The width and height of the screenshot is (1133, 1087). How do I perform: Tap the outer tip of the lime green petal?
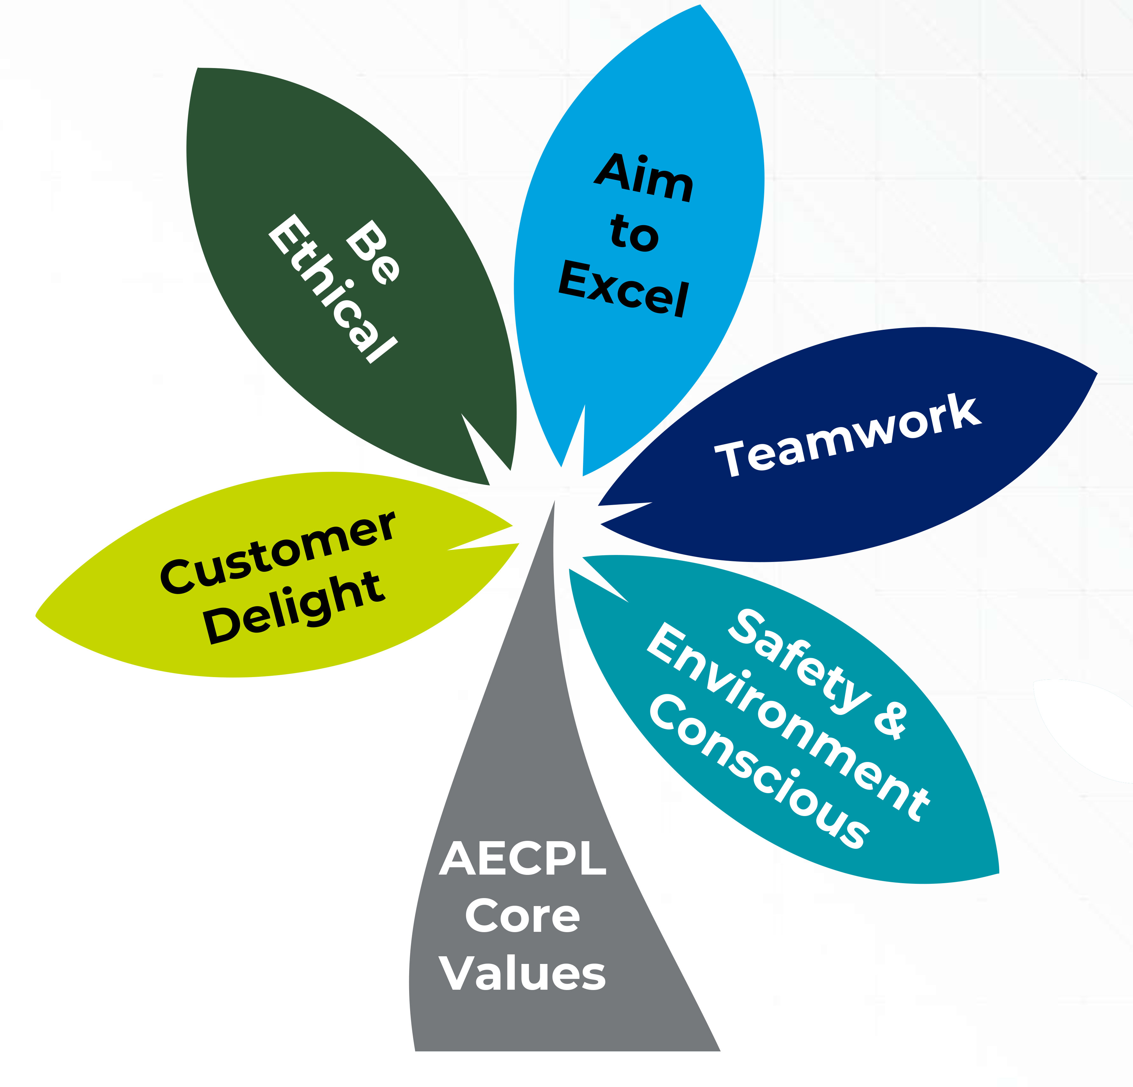[x=37, y=615]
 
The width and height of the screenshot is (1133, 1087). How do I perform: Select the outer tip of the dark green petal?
[x=198, y=68]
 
